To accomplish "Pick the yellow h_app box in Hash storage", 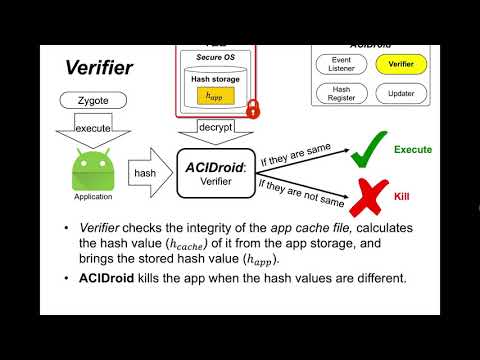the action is (212, 96).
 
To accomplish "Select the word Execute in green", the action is (412, 149).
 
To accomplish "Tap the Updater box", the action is (401, 93).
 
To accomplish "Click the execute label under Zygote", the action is (92, 128).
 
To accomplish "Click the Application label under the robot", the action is (92, 198).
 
